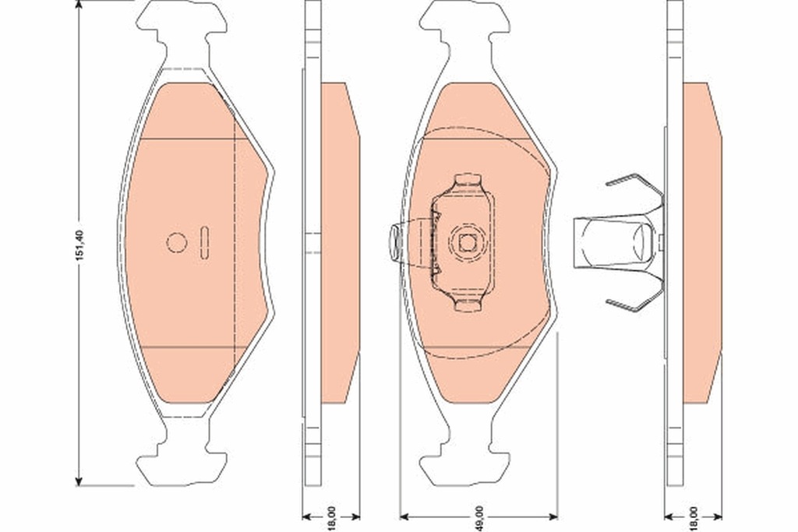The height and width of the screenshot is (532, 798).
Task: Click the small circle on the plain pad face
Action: [x=177, y=243]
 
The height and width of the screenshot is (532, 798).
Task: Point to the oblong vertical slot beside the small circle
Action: [x=204, y=242]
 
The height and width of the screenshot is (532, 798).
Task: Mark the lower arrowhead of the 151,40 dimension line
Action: [x=79, y=480]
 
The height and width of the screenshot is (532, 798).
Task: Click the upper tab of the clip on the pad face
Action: [x=467, y=181]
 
